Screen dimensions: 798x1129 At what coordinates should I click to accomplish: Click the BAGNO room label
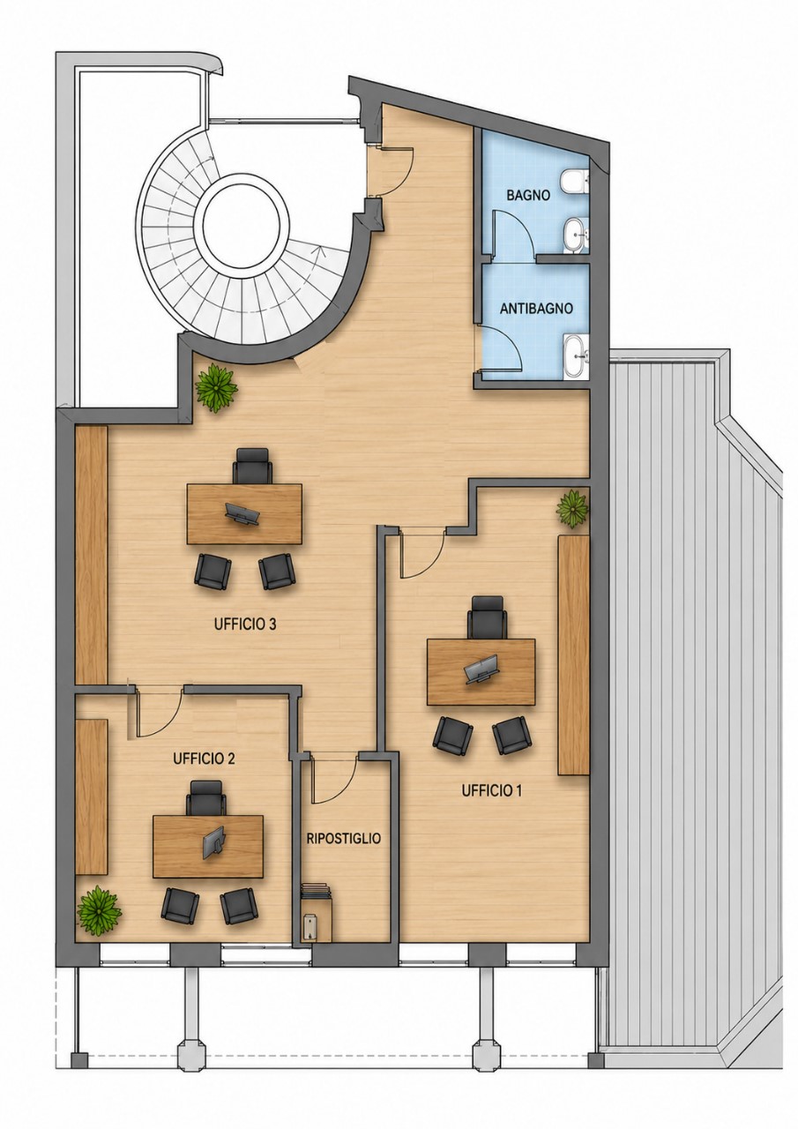click(x=528, y=195)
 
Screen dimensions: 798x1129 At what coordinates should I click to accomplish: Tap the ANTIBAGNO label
click(x=536, y=309)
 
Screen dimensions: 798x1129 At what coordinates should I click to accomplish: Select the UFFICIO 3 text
click(x=245, y=625)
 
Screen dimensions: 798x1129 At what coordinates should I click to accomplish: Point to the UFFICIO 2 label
click(x=204, y=759)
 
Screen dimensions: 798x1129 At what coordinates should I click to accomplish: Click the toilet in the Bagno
click(x=574, y=183)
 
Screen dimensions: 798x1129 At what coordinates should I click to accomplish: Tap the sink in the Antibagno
click(x=575, y=355)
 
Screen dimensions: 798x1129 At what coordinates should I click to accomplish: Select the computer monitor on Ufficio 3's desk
click(x=242, y=514)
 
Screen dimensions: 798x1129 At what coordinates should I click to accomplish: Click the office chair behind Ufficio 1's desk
click(x=487, y=617)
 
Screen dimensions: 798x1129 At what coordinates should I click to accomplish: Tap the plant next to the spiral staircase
click(x=216, y=385)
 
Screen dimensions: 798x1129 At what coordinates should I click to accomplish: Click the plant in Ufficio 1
click(x=572, y=509)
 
